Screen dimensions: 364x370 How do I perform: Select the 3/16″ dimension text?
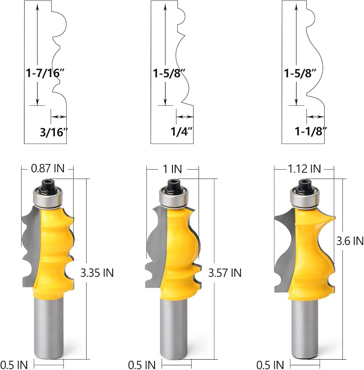(x=54, y=132)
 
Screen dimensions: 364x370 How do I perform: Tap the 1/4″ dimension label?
(x=182, y=131)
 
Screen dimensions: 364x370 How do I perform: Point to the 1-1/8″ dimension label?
(x=311, y=131)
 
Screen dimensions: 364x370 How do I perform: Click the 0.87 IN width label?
(x=47, y=168)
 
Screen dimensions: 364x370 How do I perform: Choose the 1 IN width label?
(x=173, y=169)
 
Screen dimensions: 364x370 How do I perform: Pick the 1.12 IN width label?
(x=304, y=169)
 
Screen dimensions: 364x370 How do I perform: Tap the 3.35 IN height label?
(x=97, y=273)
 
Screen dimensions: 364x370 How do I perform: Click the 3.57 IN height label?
(x=225, y=273)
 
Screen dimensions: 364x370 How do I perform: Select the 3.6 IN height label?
(x=350, y=241)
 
